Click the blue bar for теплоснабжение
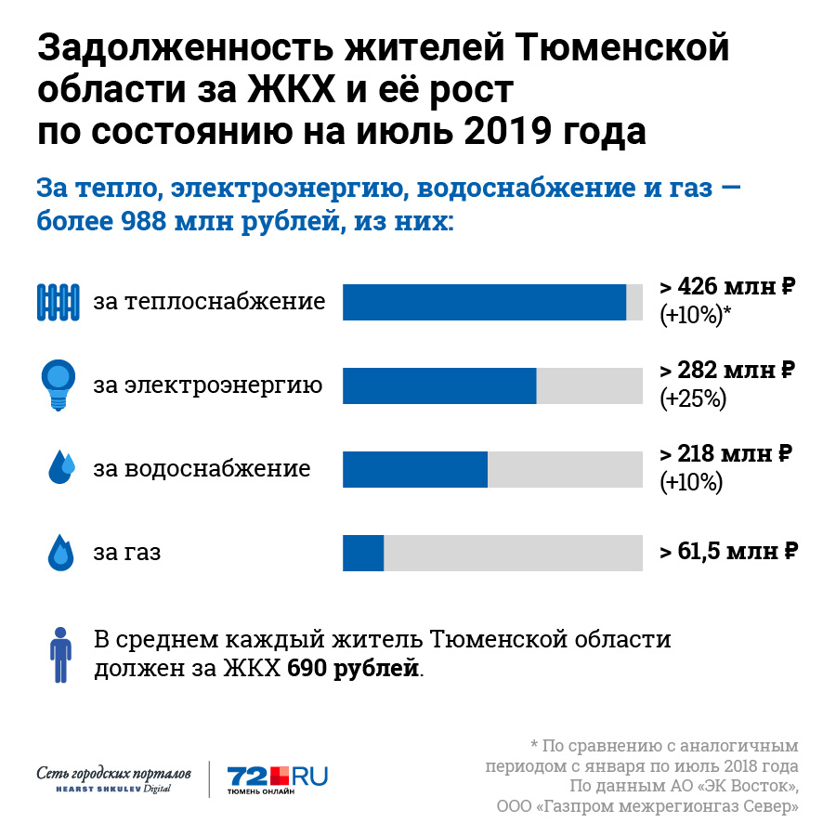coord(484,302)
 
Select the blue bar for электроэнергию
coord(439,385)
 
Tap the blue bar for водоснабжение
coord(415,469)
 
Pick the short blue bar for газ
coord(363,553)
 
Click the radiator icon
coord(59,302)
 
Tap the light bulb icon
coord(59,383)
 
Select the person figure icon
coord(60,654)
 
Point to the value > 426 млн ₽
coord(727,286)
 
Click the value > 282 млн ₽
coord(727,370)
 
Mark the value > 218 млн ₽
coord(725,454)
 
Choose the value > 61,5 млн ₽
coord(729,552)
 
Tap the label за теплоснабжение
coord(209,302)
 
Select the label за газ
coord(126,553)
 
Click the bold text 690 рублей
coord(353,669)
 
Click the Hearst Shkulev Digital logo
coord(115,779)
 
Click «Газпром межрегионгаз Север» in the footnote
coord(667,806)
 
